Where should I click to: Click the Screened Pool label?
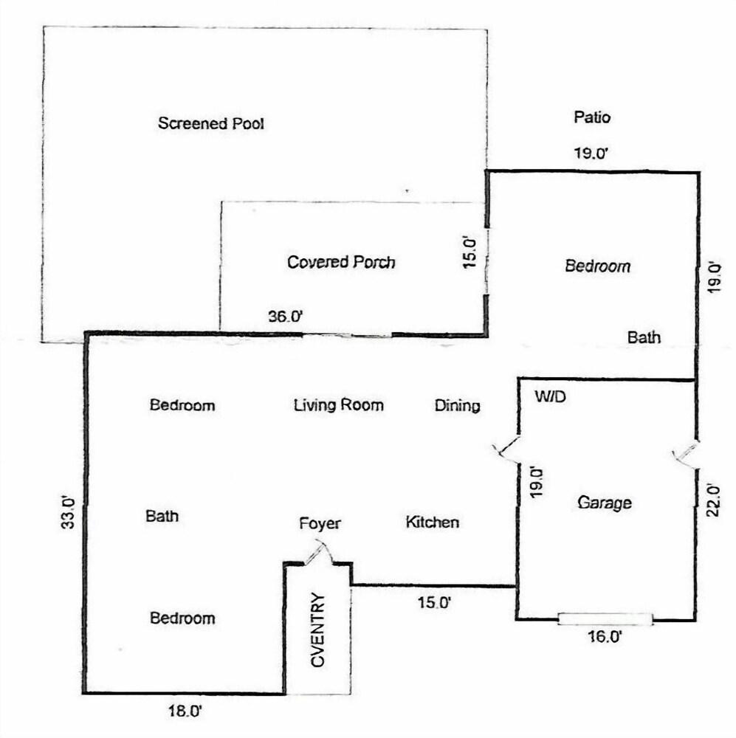[x=210, y=123]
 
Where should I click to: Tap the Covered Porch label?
[x=341, y=262]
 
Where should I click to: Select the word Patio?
[x=592, y=117]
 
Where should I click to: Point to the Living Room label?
[x=339, y=405]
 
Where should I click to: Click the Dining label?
[x=457, y=406]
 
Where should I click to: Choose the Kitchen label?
[x=433, y=522]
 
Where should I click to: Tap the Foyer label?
[x=320, y=523]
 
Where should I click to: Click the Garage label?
[x=604, y=503]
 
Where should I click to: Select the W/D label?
[x=550, y=397]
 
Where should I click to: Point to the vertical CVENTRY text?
[x=318, y=630]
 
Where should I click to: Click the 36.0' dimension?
[x=285, y=317]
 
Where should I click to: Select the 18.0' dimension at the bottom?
[x=185, y=711]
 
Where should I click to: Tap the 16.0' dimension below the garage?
[x=605, y=637]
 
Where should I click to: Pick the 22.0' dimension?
[x=713, y=501]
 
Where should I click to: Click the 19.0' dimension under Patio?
[x=591, y=154]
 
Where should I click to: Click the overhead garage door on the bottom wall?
[x=605, y=619]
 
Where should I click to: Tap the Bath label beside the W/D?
[x=644, y=337]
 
